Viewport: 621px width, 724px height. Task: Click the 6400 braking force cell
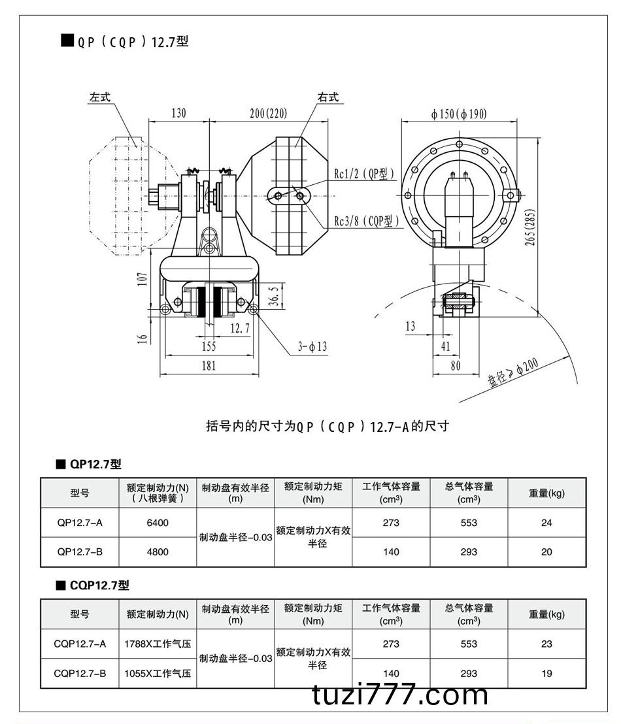(158, 523)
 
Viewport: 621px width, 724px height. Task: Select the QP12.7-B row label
(80, 551)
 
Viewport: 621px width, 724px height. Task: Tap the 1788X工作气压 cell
(158, 644)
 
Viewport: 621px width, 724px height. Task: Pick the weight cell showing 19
(546, 673)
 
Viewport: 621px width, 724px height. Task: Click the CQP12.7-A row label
(80, 644)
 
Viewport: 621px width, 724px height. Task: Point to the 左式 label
(101, 97)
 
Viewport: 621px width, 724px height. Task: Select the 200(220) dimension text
(268, 113)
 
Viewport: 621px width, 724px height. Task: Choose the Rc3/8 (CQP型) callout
(367, 222)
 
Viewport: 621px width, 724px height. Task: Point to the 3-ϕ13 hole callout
(312, 346)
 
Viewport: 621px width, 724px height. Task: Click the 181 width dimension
(208, 365)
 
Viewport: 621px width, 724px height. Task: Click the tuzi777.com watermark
(400, 695)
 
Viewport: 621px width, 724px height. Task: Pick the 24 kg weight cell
(546, 523)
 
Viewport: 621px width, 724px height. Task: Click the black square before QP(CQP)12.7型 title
(67, 41)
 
